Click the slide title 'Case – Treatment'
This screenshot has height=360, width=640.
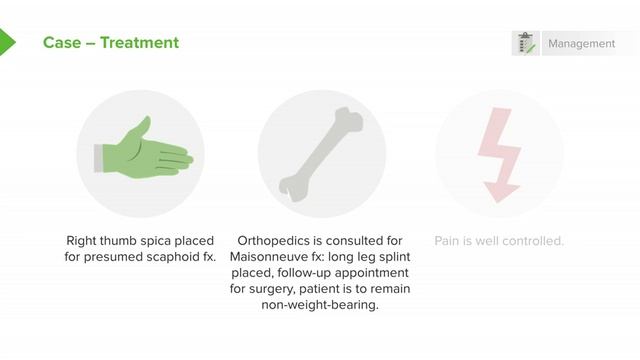[x=111, y=43]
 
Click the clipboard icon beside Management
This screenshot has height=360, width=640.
[x=525, y=44]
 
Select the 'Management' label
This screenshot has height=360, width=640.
[x=581, y=44]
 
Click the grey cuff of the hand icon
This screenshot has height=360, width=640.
[x=100, y=156]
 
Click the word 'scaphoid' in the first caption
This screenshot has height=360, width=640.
[x=177, y=257]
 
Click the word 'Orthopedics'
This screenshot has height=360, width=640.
[x=276, y=241]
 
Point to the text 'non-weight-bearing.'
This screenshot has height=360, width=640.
[x=320, y=305]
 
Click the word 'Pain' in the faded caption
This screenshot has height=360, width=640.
[x=447, y=241]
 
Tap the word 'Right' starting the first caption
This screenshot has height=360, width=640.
[x=83, y=241]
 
